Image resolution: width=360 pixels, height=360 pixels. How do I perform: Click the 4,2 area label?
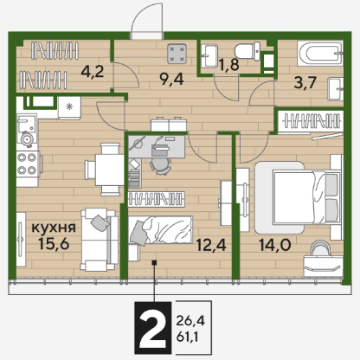[x=93, y=71]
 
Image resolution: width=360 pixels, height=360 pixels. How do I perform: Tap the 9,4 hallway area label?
[x=172, y=79]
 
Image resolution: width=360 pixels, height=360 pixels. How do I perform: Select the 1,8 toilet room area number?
[x=228, y=64]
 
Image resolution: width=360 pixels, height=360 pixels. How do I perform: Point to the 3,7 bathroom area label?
[x=305, y=83]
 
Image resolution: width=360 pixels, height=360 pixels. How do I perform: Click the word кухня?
[x=54, y=228]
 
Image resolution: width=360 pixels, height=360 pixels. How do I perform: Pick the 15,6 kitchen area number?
[x=54, y=244]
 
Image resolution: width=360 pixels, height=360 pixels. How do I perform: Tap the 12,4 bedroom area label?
[x=211, y=245]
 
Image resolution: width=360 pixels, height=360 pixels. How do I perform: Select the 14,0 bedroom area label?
[x=274, y=245]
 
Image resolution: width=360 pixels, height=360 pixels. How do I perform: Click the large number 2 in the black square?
[x=153, y=328]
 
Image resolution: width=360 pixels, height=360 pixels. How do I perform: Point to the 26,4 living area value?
[x=190, y=320]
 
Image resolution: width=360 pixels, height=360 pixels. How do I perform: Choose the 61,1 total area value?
[x=187, y=337]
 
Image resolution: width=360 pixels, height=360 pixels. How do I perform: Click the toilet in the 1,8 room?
[x=247, y=51]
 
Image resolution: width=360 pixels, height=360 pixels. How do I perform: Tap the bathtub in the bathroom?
[x=320, y=54]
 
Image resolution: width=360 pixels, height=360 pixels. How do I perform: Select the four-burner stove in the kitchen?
[x=28, y=164]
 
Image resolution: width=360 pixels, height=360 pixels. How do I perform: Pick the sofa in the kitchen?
[x=100, y=240]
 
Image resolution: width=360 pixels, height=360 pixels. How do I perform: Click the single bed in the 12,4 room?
[x=160, y=230]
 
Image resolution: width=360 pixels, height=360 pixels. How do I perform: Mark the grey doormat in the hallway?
[x=177, y=54]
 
